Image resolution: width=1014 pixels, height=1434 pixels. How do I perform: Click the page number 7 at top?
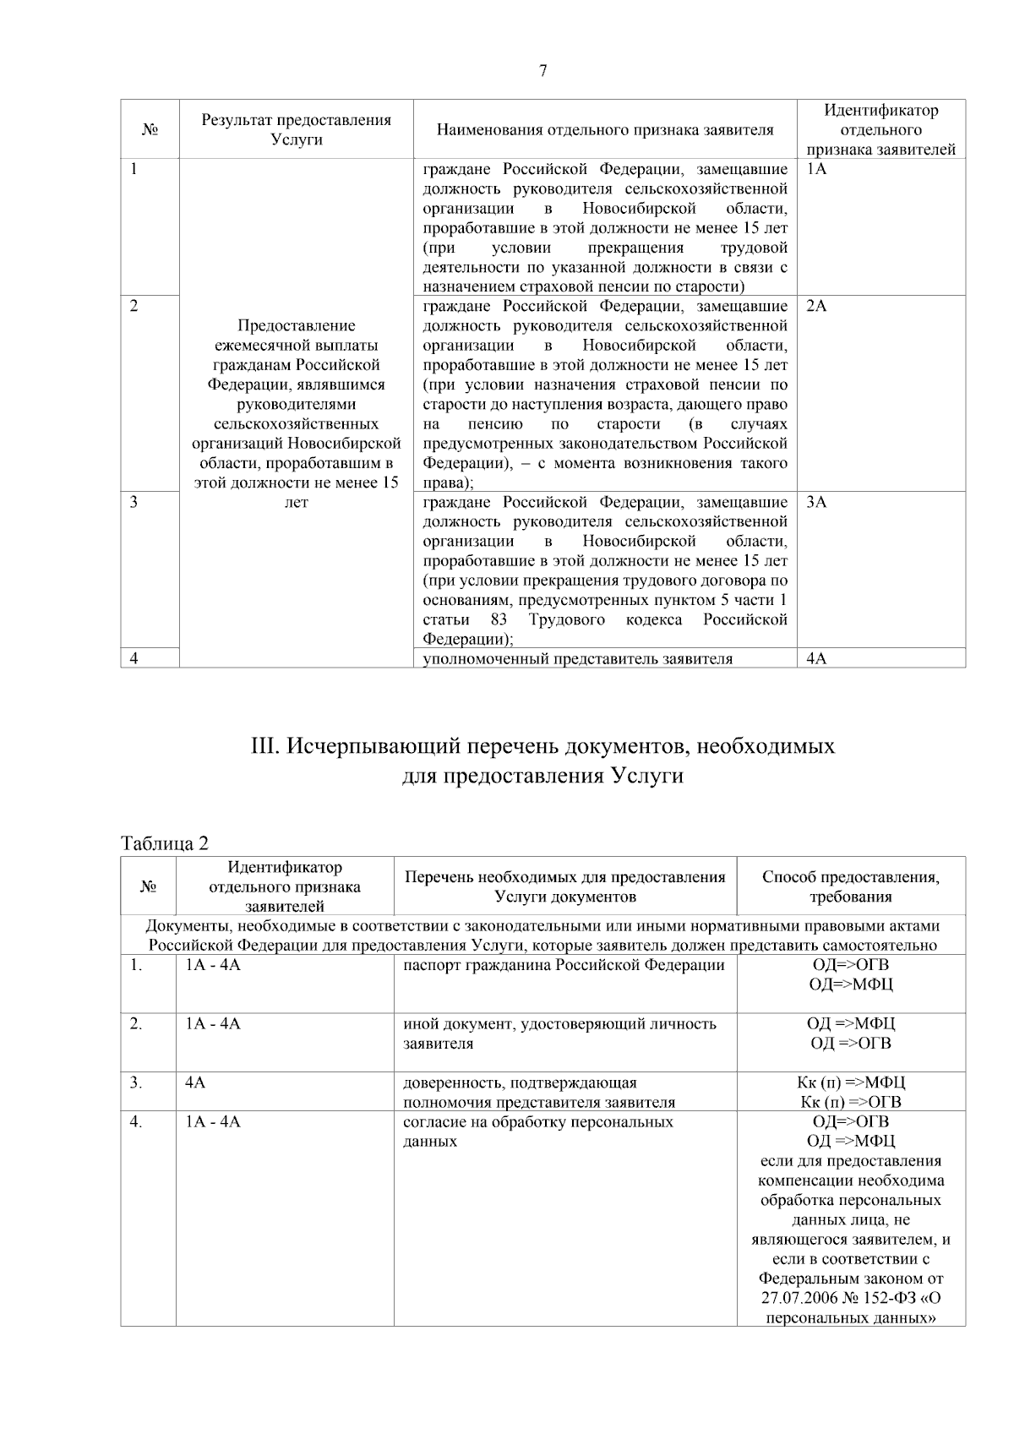(x=542, y=71)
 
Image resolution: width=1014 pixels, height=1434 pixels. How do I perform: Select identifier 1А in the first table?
(x=816, y=169)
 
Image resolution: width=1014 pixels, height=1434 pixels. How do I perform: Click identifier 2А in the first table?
(x=816, y=306)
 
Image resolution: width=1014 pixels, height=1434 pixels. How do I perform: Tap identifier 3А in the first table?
(x=816, y=502)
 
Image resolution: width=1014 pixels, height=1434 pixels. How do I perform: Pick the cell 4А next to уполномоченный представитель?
(x=816, y=659)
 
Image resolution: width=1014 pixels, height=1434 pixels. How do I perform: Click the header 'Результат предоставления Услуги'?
(x=296, y=129)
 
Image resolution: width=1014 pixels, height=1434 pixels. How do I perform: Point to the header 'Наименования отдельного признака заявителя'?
(x=605, y=129)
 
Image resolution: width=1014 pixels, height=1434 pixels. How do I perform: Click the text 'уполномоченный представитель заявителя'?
(x=577, y=659)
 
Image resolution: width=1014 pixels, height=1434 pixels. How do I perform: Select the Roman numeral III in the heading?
(x=265, y=747)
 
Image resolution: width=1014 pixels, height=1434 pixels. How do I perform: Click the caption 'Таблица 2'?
(x=164, y=843)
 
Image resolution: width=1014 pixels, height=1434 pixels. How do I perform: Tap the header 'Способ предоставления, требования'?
(x=850, y=886)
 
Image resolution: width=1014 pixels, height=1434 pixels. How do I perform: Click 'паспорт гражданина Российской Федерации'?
(x=564, y=965)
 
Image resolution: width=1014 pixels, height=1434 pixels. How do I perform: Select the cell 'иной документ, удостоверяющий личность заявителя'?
(x=559, y=1033)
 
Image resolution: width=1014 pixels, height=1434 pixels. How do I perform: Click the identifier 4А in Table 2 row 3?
(x=195, y=1082)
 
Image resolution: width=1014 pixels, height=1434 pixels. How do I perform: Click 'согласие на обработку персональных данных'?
(x=537, y=1131)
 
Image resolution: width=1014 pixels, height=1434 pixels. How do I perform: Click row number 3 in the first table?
(x=134, y=502)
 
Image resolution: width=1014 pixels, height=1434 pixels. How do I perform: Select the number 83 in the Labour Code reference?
(x=499, y=620)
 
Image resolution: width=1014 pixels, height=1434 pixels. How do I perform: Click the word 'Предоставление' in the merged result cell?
(x=296, y=325)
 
